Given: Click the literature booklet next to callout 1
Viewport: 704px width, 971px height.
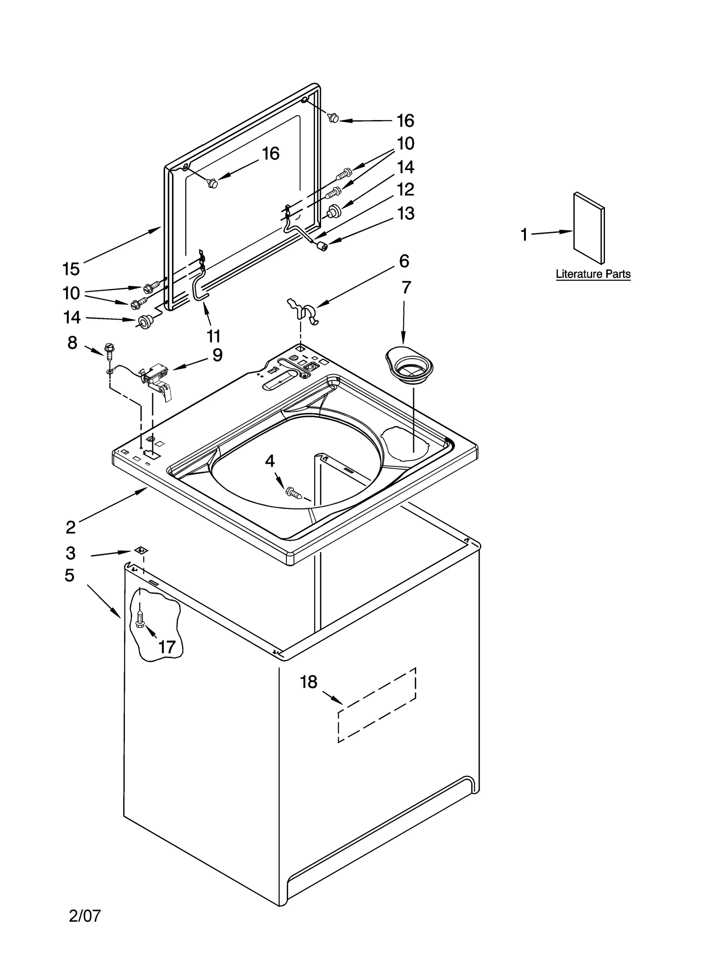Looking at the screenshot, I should tap(588, 228).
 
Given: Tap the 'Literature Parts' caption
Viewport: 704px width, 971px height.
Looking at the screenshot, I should tap(593, 274).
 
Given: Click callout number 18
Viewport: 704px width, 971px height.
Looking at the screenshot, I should tap(308, 682).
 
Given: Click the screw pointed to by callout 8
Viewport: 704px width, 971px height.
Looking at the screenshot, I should tap(108, 350).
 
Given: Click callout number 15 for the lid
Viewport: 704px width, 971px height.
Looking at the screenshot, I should tap(71, 269).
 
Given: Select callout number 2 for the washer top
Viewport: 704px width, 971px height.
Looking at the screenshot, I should tap(71, 527).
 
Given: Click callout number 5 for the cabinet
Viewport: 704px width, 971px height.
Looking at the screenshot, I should tap(70, 575).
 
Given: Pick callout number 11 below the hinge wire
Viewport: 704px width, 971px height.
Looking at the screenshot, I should tap(213, 336).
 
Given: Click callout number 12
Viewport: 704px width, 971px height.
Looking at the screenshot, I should tap(405, 189).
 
